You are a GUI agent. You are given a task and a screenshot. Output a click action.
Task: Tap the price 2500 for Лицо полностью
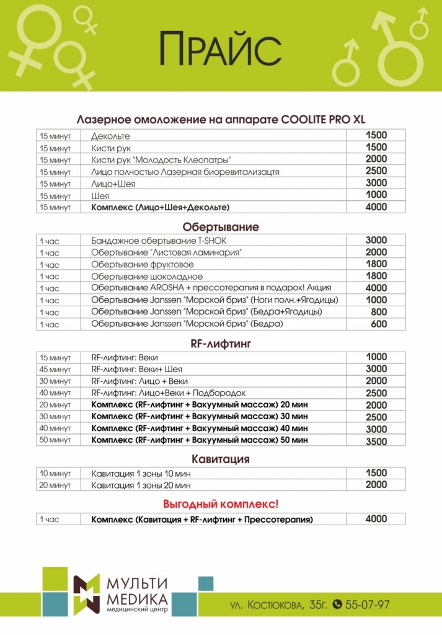coord(376,171)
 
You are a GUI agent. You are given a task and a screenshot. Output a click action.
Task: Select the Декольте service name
coord(110,135)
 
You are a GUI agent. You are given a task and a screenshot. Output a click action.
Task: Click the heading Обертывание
coord(221,226)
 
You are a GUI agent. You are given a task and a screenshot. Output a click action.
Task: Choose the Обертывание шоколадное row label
coord(146,276)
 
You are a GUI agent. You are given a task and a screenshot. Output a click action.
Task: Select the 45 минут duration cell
coord(56,369)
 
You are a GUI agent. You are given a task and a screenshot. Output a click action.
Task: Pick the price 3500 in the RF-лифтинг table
coord(376,441)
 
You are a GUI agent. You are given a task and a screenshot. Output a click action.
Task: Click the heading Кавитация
coord(221,459)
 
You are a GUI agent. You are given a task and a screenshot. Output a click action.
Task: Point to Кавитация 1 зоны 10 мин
coord(141,473)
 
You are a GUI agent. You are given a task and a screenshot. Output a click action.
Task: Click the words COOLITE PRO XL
coord(321,119)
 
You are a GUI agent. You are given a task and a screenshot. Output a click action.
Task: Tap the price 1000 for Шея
coord(376,195)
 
